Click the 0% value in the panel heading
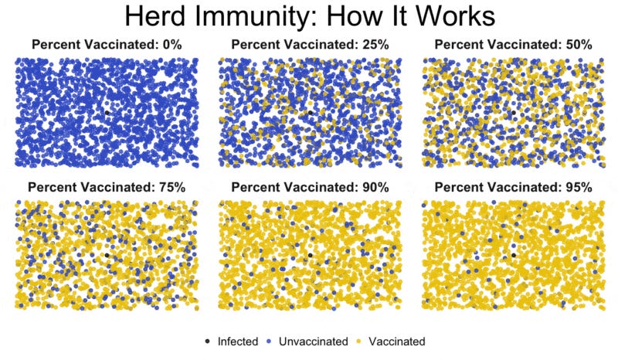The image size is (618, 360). tap(171, 45)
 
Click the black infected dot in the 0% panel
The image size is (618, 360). tap(107, 113)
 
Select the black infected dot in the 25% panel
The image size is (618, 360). tap(311, 113)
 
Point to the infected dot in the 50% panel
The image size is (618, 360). tap(514, 113)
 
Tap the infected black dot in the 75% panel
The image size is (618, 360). tap(107, 255)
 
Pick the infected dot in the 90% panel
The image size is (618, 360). tap(311, 255)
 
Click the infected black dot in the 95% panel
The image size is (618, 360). tap(514, 255)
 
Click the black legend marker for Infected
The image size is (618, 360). tap(208, 341)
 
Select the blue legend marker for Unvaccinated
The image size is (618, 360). tap(269, 341)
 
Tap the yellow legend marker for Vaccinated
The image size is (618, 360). tap(358, 341)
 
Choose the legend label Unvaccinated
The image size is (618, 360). tap(314, 341)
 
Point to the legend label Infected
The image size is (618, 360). tap(238, 341)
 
